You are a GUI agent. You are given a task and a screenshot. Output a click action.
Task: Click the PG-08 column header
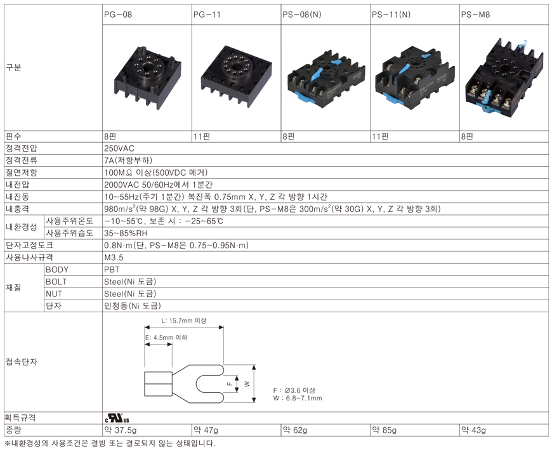pos(118,15)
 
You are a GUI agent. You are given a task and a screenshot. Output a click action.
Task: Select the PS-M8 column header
pos(475,15)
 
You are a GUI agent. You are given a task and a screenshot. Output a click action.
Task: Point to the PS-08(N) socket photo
pos(326,77)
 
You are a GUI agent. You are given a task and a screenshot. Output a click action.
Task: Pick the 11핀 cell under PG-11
pos(202,136)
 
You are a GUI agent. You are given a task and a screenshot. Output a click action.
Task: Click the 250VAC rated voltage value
pos(119,148)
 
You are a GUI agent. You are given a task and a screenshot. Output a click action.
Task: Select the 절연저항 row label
pos(21,173)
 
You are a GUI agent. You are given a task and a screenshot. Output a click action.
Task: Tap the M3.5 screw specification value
pos(114,258)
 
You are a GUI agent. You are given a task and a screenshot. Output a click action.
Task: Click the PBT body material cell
pos(112,270)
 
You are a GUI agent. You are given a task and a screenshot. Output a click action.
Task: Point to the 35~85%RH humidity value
pos(126,233)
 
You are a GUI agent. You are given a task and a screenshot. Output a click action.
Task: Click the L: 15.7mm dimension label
pos(184,320)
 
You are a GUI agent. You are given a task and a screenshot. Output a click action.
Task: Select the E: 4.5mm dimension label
pos(166,338)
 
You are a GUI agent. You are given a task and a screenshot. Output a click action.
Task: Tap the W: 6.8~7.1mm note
pos(298,399)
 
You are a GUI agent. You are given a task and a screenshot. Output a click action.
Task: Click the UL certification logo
pos(117,418)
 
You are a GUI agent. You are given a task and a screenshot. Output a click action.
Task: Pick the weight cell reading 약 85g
pos(384,430)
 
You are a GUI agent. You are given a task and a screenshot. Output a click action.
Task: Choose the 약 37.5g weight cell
pos(121,430)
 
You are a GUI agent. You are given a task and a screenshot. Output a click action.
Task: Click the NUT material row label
pos(54,294)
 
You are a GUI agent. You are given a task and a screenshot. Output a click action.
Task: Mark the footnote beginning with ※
pos(110,443)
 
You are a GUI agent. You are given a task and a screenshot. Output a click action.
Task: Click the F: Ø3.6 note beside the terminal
pos(294,390)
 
